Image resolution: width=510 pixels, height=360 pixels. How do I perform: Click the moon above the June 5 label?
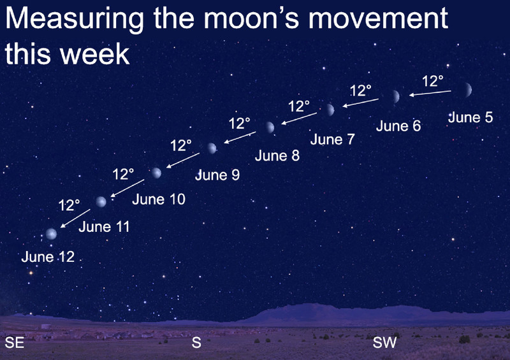(467, 90)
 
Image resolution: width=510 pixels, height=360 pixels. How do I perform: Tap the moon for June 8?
(270, 127)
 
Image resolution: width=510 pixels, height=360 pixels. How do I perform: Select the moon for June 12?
(51, 234)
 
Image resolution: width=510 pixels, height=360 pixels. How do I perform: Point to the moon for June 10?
(156, 173)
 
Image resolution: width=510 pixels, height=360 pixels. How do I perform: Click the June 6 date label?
(398, 126)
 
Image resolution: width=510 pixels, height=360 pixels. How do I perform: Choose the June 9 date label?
(217, 175)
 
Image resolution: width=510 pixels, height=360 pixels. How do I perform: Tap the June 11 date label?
(104, 227)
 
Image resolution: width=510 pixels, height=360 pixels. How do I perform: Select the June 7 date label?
(332, 140)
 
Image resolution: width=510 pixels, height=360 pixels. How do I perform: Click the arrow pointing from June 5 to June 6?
(430, 93)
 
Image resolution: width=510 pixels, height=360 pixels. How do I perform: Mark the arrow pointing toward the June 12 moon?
(75, 218)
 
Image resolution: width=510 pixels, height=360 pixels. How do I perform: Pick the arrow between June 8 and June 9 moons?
(240, 137)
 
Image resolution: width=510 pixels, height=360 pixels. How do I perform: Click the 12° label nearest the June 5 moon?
(433, 81)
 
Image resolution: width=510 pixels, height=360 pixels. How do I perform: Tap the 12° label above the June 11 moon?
(69, 205)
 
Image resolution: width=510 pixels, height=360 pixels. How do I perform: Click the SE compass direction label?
(14, 343)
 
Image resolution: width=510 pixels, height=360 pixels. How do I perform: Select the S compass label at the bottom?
(196, 342)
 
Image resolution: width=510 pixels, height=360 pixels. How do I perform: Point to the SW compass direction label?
(384, 342)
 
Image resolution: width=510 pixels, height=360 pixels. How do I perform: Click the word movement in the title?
(378, 18)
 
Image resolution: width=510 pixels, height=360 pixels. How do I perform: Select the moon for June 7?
(330, 110)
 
